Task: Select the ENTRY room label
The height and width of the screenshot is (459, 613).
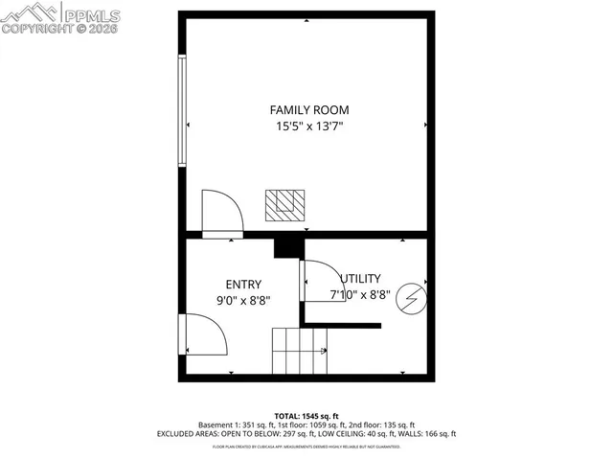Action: pyautogui.click(x=243, y=284)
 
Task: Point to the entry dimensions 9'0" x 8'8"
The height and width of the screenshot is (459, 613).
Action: pyautogui.click(x=243, y=300)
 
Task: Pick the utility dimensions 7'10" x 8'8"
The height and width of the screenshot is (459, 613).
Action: pyautogui.click(x=359, y=295)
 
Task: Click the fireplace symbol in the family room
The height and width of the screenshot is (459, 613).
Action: pyautogui.click(x=285, y=203)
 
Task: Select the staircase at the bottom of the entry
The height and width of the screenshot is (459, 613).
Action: pyautogui.click(x=300, y=351)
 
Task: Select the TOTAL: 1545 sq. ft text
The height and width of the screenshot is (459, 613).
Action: pyautogui.click(x=306, y=413)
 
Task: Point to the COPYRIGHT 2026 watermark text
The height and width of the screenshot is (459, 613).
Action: pyautogui.click(x=59, y=30)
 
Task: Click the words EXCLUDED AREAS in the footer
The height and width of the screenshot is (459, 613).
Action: pyautogui.click(x=188, y=433)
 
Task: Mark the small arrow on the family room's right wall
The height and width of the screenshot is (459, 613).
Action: pyautogui.click(x=425, y=125)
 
